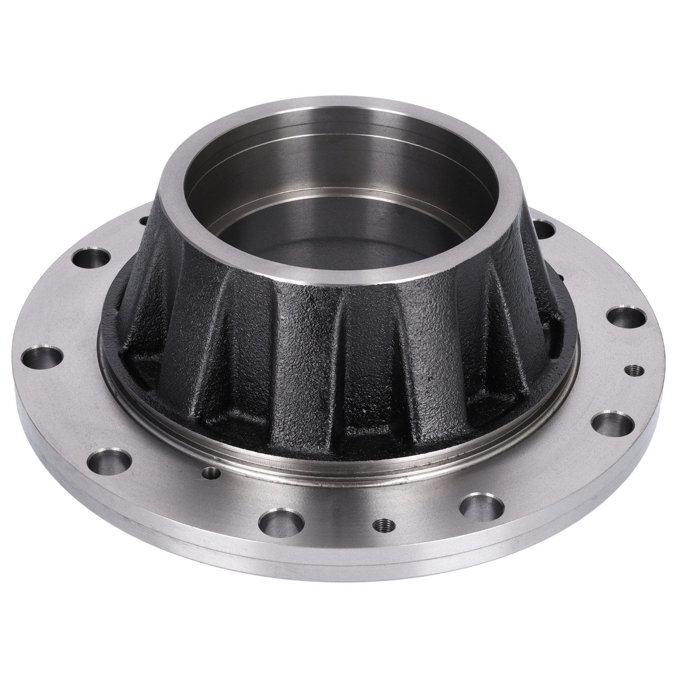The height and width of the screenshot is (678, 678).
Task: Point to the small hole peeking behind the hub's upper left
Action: (143, 220)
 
